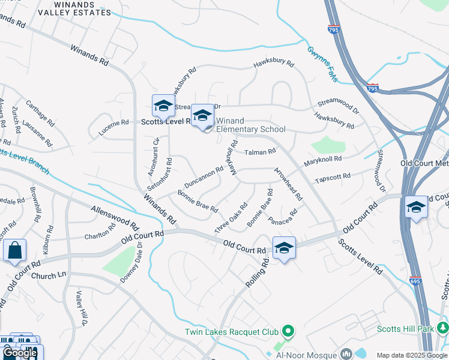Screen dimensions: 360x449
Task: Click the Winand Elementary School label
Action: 250,125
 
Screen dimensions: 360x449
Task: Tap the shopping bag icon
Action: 14,250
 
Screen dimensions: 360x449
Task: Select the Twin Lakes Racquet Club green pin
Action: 288,331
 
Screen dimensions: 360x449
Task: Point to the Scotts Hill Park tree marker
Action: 443,328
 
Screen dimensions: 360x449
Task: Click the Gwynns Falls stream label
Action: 322,65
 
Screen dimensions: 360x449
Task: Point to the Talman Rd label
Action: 259,152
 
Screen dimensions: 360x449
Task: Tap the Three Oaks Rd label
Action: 231,220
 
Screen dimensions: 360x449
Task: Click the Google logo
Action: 20,353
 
